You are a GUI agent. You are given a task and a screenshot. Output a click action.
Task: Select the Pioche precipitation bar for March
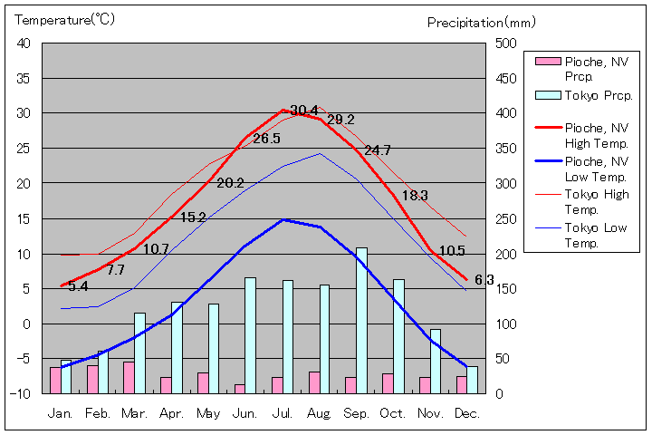pos(129,377)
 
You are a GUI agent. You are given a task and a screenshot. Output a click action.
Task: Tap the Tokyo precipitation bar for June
pos(250,335)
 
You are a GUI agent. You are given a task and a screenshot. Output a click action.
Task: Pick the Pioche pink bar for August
pos(313,382)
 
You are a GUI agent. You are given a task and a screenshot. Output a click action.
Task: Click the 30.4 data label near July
pos(304,111)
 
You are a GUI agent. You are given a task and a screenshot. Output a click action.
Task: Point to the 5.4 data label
pos(78,286)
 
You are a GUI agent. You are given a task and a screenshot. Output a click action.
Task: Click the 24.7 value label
pos(378,150)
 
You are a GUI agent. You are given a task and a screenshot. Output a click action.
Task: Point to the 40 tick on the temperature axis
pos(24,43)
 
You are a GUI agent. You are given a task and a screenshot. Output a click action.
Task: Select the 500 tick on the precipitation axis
pos(506,43)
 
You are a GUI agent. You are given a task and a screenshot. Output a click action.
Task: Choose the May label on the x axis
pos(208,413)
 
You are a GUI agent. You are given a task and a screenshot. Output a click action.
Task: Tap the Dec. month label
pos(466,413)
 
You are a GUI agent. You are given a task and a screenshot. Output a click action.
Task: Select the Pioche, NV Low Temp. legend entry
pos(596,169)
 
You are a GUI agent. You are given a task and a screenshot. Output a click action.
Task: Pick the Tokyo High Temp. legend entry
pos(596,200)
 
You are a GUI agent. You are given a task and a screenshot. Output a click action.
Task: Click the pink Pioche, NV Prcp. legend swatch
pos(547,62)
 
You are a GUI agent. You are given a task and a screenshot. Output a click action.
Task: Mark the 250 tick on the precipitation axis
pos(506,218)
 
